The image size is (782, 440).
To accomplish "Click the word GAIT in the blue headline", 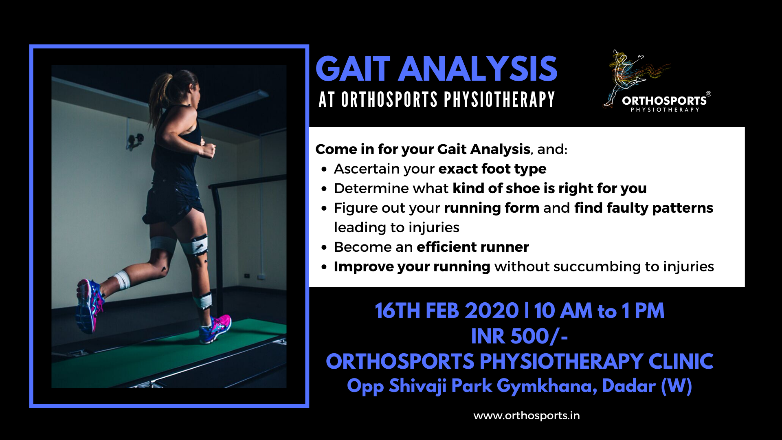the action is [x=353, y=69].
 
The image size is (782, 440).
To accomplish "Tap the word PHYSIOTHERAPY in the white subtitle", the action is [x=499, y=99].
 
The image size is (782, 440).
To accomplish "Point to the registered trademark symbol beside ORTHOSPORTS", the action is [x=708, y=94].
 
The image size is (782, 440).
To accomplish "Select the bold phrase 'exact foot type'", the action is [x=492, y=169].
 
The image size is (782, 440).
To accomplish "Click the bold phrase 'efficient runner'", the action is [x=473, y=247].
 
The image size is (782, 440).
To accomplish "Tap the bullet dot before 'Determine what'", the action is [x=324, y=189].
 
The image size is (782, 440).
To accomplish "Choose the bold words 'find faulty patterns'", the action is [x=644, y=208].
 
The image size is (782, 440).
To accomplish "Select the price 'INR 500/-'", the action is [x=520, y=337].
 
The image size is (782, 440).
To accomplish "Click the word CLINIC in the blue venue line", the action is [x=681, y=361].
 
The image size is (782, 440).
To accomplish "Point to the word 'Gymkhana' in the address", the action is [x=547, y=386].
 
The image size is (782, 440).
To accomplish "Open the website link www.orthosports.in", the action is [x=527, y=416].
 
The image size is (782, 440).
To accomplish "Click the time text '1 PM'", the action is [x=643, y=311].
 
